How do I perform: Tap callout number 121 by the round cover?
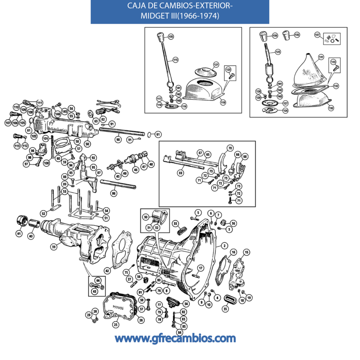coord(216,64)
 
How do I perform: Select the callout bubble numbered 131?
coord(321,57)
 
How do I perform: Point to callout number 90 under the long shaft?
coord(118,139)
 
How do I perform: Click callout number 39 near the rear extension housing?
coord(53,247)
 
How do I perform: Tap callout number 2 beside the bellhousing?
coord(224,246)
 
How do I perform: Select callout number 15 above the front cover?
coord(246,252)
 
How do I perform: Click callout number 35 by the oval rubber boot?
coord(225,309)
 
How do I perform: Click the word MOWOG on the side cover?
coord(115,306)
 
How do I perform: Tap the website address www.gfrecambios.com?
coord(175,339)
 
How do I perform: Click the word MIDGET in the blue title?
coord(153,16)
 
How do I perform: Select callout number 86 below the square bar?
coord(114,193)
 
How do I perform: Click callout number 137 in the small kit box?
coord(317,35)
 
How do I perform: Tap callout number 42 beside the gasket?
coord(107,271)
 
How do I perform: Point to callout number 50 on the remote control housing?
coord(87,143)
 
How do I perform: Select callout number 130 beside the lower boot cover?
coord(331,108)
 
